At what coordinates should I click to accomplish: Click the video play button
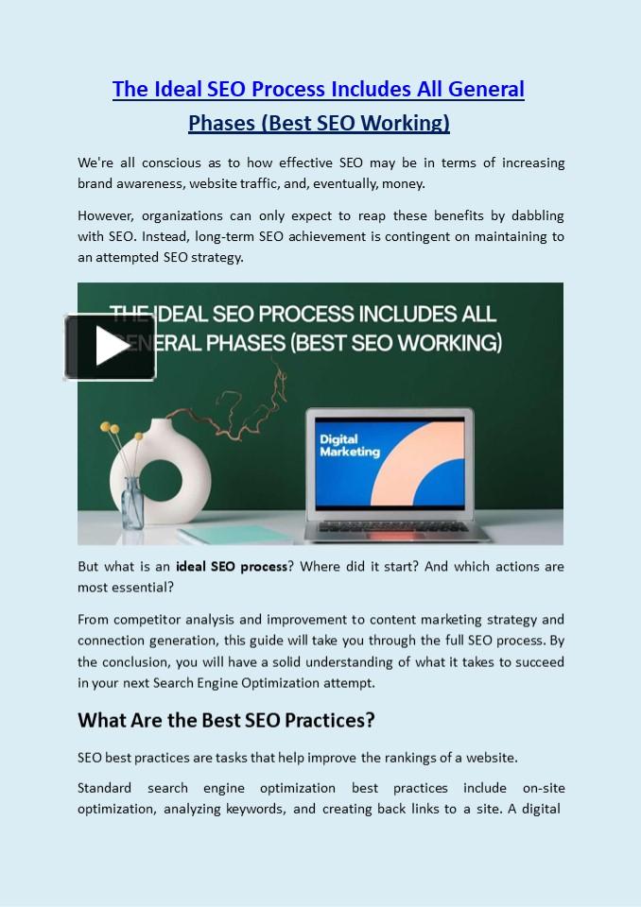111,348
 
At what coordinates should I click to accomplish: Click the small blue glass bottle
132,502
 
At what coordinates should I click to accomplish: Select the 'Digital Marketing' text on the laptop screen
350,445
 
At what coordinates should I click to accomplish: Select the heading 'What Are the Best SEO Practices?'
226,720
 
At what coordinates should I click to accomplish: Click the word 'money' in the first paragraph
403,183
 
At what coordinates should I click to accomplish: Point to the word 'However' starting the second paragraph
104,215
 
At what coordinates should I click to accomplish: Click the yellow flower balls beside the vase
112,430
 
